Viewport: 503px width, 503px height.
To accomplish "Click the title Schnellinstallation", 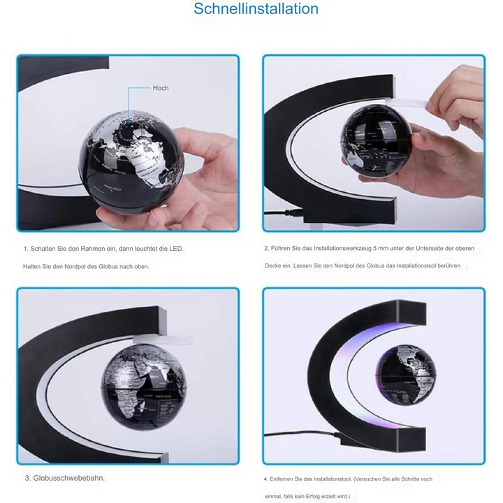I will tap(256, 10).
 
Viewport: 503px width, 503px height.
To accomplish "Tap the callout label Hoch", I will tap(161, 88).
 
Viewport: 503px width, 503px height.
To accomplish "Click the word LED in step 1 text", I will tap(177, 249).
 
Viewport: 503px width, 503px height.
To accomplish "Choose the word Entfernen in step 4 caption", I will tap(288, 479).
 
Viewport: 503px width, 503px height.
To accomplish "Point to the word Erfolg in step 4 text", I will tap(311, 496).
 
